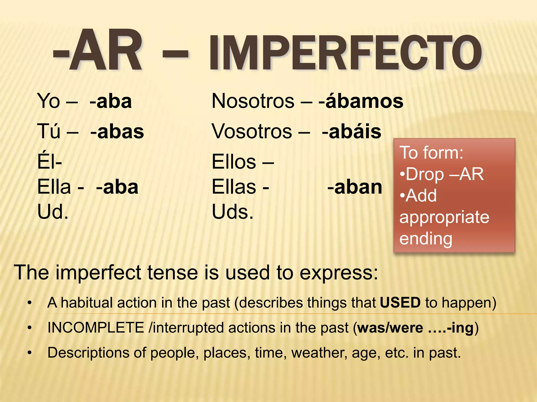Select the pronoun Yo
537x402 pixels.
click(x=49, y=101)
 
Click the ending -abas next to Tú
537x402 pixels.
click(x=117, y=132)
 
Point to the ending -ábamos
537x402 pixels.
click(x=361, y=101)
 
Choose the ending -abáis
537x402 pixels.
click(x=352, y=132)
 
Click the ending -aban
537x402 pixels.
click(x=355, y=187)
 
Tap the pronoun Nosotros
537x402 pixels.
click(x=253, y=101)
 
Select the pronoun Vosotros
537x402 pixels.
click(x=252, y=132)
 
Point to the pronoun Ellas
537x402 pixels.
click(x=234, y=187)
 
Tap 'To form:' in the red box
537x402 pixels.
click(x=431, y=153)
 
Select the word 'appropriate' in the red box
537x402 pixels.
click(x=444, y=217)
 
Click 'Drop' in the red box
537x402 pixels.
click(x=425, y=174)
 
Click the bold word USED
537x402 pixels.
click(x=400, y=303)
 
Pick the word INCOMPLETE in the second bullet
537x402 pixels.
click(x=96, y=328)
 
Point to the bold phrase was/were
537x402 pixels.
click(x=390, y=328)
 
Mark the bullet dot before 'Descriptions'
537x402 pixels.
click(x=30, y=353)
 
